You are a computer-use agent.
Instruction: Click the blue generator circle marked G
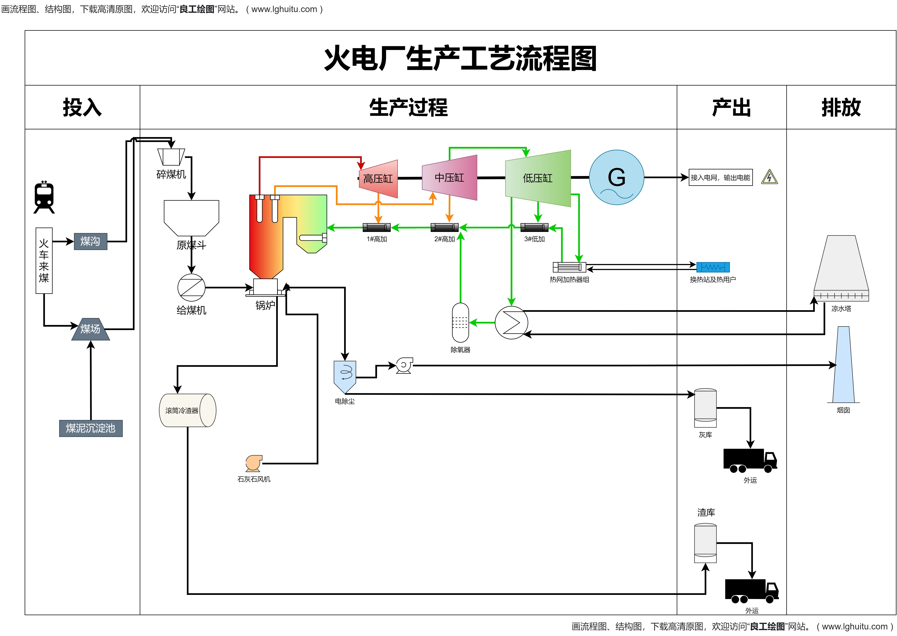(616, 177)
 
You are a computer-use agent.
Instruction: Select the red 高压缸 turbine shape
(378, 179)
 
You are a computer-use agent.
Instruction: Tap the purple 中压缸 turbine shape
(449, 177)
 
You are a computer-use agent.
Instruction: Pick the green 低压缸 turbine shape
(538, 178)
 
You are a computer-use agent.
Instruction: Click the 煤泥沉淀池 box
(91, 428)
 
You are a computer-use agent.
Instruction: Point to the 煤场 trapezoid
(90, 329)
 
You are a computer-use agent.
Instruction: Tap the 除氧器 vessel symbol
(460, 323)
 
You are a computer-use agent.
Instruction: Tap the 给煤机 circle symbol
(191, 287)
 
